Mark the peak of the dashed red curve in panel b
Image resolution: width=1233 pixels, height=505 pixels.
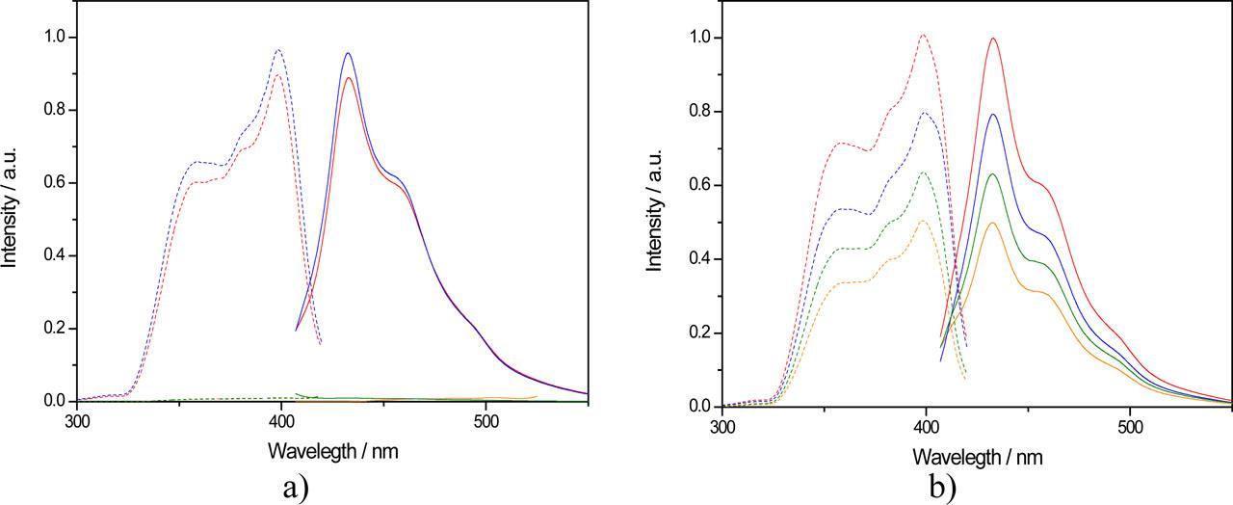[923, 36]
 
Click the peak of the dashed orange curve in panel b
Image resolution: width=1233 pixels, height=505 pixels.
[924, 221]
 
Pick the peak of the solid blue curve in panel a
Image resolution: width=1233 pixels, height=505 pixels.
[348, 53]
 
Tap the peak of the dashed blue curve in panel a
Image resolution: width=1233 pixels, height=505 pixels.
[278, 50]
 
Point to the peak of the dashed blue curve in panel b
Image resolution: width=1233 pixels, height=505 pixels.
[925, 113]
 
